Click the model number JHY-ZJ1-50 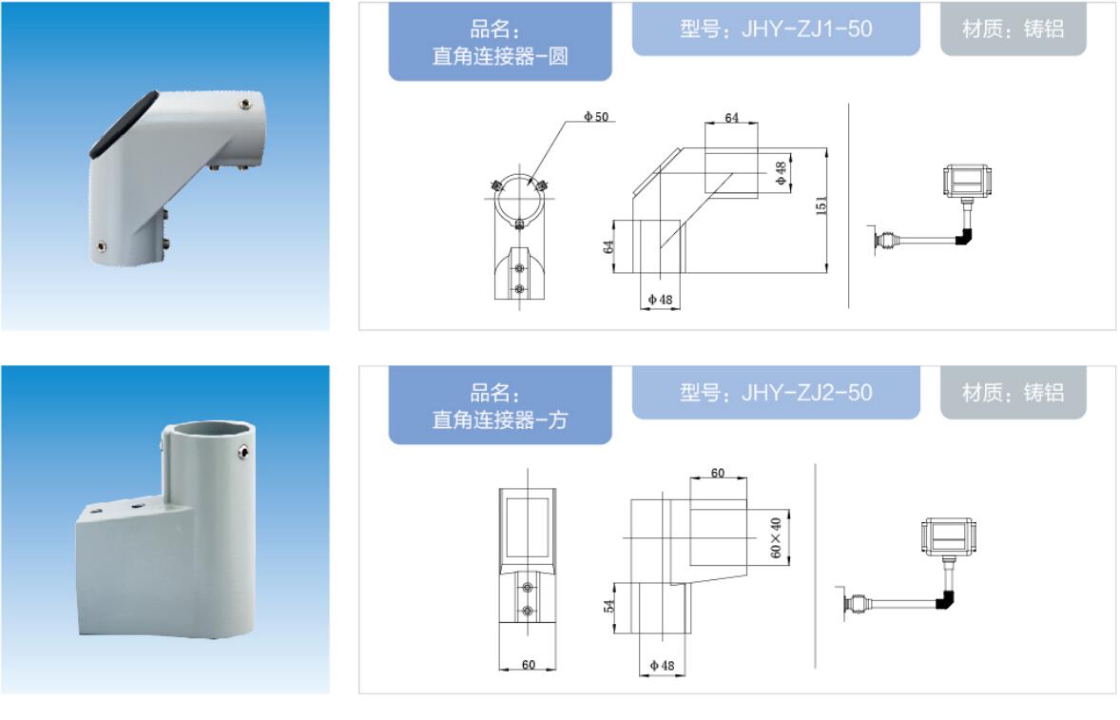tap(806, 29)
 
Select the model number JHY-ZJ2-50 tap(806, 392)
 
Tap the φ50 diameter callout tap(596, 116)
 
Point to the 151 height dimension tap(821, 205)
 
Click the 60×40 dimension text tap(776, 537)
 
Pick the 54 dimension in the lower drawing tap(608, 606)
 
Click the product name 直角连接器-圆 tap(500, 56)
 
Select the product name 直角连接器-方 tap(500, 419)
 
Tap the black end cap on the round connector tap(123, 125)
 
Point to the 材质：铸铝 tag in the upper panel tap(1013, 29)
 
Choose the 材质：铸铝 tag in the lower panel tap(1013, 392)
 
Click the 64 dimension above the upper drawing tap(731, 117)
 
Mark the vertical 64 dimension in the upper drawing tap(608, 246)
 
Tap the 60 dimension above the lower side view tap(718, 473)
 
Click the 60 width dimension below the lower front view tap(529, 664)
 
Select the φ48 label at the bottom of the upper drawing tap(660, 300)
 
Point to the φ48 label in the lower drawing tap(662, 665)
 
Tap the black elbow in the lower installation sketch tap(946, 599)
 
